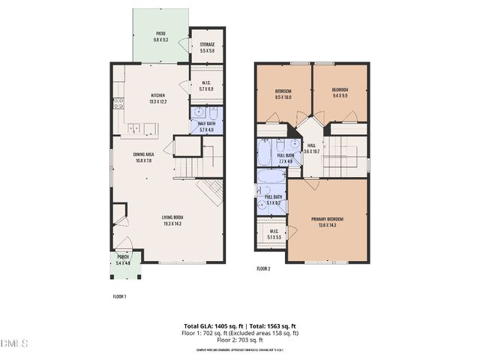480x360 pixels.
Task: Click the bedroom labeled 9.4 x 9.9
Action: [x=340, y=93]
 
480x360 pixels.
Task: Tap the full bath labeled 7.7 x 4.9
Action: [x=285, y=158]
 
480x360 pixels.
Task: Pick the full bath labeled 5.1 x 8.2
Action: [x=273, y=199]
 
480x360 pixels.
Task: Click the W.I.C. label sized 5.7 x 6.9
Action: [x=207, y=86]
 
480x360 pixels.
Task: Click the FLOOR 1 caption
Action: [x=119, y=296]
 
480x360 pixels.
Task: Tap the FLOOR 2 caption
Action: [x=263, y=268]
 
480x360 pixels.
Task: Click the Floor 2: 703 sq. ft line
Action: [x=240, y=340]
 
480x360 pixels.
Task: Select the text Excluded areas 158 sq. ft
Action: [x=266, y=333]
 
